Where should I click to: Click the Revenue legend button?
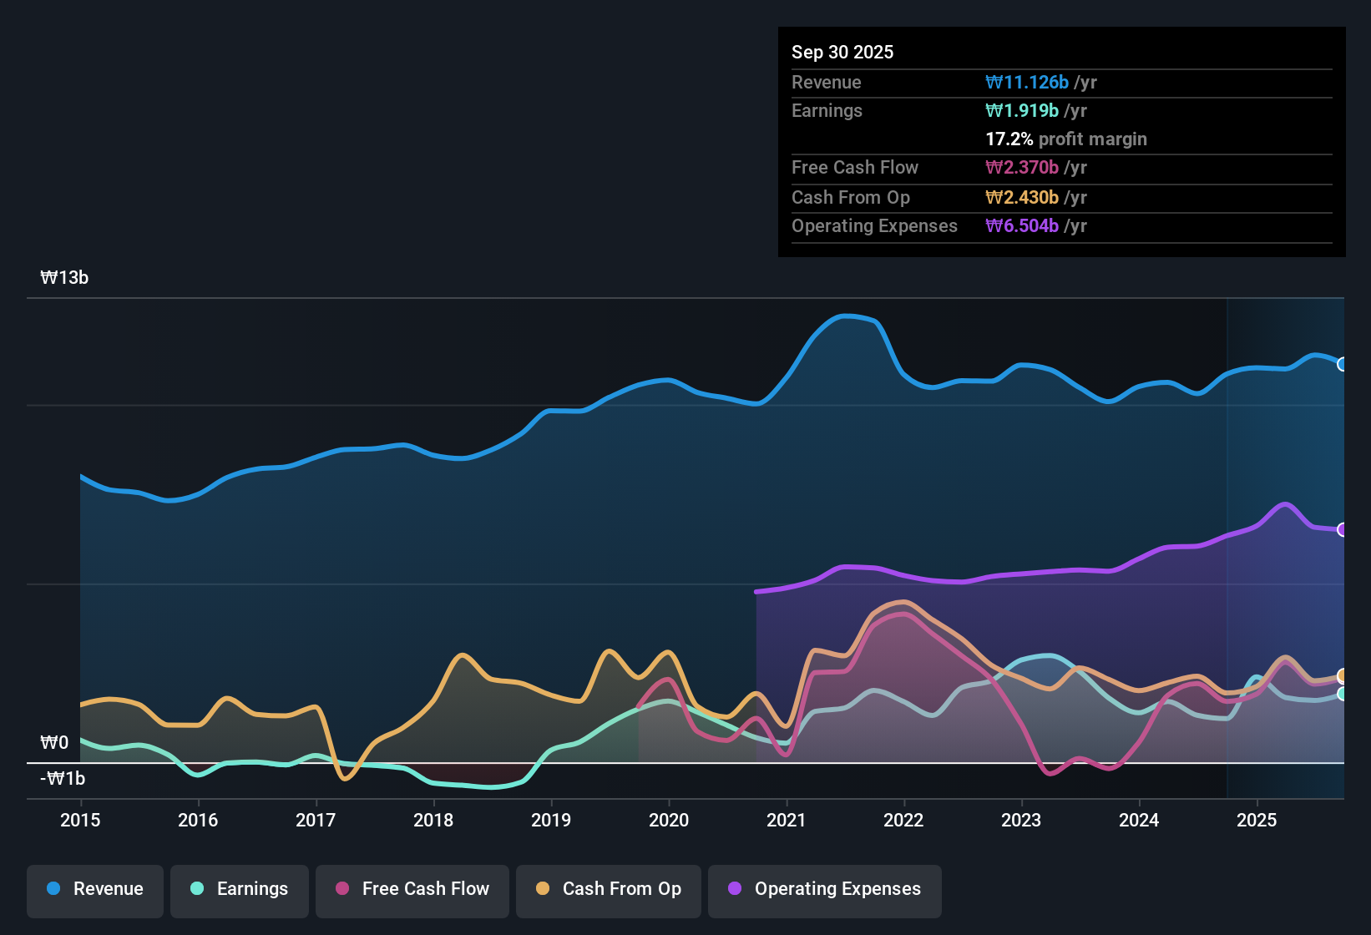(x=95, y=889)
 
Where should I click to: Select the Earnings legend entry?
(x=240, y=889)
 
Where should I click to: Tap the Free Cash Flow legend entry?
(x=412, y=889)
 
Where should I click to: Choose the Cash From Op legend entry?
(x=609, y=889)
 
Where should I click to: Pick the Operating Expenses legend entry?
(x=825, y=889)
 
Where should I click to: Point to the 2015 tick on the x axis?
(x=80, y=820)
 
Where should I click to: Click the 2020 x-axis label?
(x=669, y=820)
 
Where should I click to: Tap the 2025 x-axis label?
(x=1257, y=820)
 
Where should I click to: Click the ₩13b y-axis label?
(x=64, y=278)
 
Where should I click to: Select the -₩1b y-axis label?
(x=63, y=779)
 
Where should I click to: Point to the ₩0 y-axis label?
(x=54, y=743)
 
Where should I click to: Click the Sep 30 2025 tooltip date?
(x=842, y=52)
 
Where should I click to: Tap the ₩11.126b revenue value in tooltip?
(x=1027, y=82)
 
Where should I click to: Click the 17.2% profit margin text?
(x=1066, y=139)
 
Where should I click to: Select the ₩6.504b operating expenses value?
(x=1022, y=226)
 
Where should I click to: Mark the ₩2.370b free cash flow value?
(x=1022, y=168)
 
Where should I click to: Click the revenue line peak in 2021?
(x=846, y=316)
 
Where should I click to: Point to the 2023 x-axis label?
(x=1021, y=820)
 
